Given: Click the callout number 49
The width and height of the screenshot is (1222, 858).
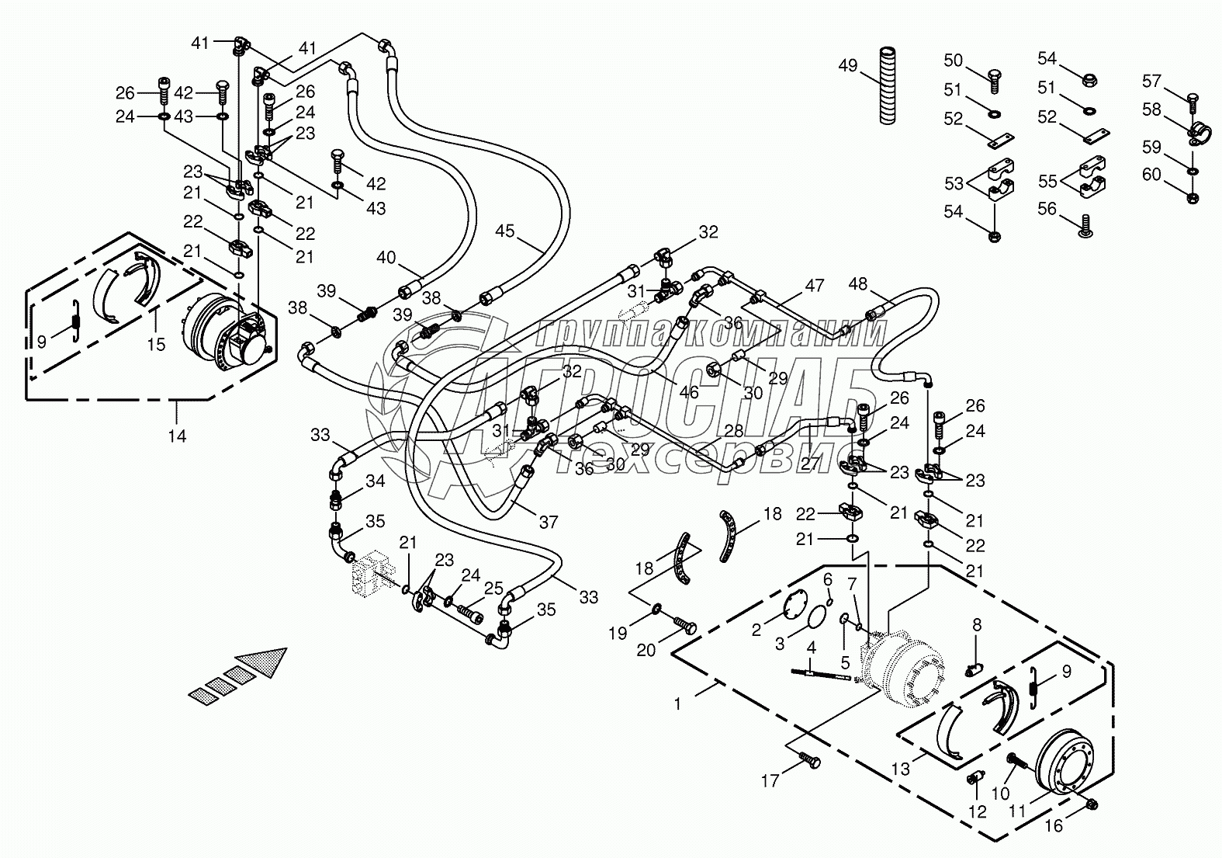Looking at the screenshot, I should coord(847,66).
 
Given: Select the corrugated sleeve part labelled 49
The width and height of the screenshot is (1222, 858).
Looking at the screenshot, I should coord(888,85).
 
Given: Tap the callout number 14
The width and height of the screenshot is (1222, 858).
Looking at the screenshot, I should coord(178,436).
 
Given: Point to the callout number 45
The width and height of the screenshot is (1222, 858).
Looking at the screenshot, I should coord(505,231).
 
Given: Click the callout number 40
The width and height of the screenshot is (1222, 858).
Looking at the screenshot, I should coord(386,258).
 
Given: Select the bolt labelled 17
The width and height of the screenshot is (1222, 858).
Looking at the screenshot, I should coord(809,763).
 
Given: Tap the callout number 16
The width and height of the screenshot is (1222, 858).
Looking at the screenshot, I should coord(1053,826).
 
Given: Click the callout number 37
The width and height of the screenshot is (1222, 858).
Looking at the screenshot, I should coord(549,523).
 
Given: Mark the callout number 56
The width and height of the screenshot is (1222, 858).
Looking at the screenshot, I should coord(1047,207).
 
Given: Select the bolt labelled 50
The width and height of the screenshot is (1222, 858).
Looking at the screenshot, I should coord(995,76).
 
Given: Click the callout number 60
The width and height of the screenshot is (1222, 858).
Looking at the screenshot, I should coord(1151,175).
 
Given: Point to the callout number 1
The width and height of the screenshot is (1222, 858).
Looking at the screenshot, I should coord(678,704).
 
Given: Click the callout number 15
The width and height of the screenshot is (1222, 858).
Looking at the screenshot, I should coord(157,343).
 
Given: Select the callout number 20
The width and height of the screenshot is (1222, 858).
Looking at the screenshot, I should coord(647,650).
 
